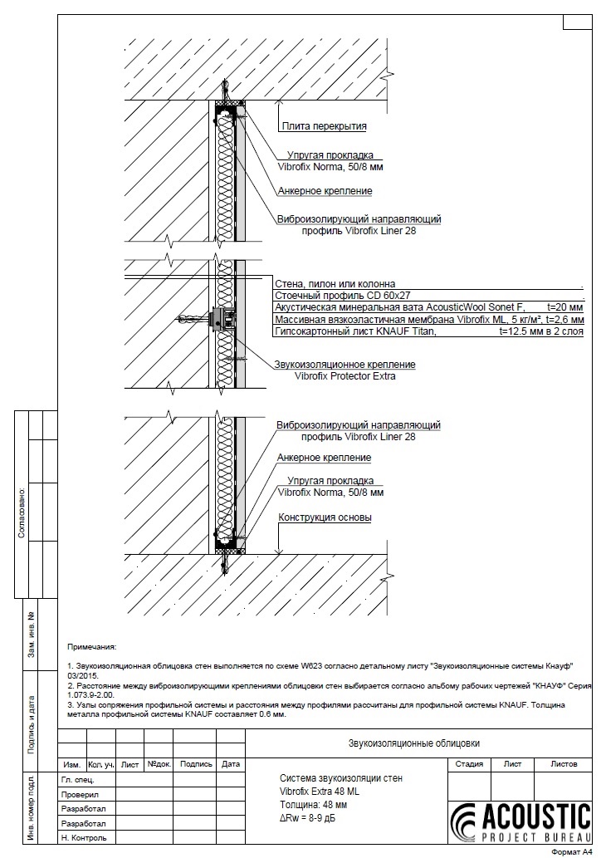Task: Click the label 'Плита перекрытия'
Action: pos(323,126)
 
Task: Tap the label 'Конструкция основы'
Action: pos(325,517)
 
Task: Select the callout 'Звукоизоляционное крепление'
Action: pos(345,364)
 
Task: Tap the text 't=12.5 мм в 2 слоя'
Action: pos(541,331)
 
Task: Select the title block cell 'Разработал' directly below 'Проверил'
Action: pos(84,808)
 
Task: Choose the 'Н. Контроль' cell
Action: pos(84,837)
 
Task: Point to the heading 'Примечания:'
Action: pos(92,645)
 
